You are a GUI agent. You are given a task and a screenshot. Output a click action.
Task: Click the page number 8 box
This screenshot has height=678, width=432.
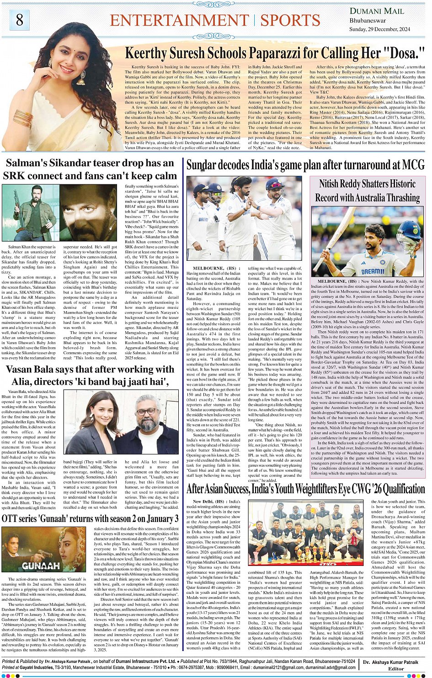click(19, 20)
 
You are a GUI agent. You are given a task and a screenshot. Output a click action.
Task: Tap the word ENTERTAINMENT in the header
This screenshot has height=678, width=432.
click(179, 21)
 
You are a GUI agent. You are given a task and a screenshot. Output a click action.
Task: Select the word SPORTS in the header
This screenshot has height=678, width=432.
click(290, 21)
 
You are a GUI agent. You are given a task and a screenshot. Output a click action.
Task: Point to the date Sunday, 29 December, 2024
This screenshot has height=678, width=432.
click(379, 29)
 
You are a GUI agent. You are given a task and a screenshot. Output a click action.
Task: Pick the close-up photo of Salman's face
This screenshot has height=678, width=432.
click(88, 212)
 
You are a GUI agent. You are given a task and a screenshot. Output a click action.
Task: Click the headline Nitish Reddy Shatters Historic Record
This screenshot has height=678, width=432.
click(367, 191)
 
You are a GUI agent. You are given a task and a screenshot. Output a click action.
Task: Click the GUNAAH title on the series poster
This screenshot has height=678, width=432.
click(41, 565)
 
